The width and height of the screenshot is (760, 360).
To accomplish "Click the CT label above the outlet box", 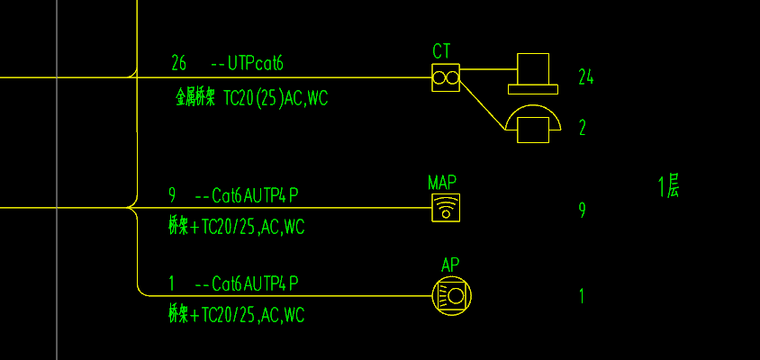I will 441,51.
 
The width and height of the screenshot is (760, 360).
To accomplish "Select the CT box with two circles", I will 446,78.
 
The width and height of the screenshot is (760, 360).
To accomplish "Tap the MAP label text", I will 442,183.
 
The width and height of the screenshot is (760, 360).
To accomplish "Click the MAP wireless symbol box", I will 446,208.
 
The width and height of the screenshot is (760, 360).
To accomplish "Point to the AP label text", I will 450,265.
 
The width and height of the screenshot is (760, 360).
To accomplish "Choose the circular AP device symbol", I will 452,295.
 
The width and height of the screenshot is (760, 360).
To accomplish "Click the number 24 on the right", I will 585,77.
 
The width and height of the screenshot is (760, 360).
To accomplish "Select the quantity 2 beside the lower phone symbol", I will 583,128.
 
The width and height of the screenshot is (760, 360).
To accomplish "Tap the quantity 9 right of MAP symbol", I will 583,211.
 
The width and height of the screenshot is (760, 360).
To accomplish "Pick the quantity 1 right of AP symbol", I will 582,296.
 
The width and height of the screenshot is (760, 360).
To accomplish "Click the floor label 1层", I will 668,188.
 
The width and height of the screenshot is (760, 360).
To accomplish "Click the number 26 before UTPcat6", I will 178,63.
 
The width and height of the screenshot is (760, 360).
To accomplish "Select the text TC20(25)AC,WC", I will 276,98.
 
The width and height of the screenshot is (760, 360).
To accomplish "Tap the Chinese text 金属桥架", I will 195,98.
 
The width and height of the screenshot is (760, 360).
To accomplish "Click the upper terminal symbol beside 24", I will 532,73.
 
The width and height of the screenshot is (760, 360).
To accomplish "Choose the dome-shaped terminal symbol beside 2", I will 532,123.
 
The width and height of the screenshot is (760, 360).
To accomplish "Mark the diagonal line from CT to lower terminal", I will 484,107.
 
